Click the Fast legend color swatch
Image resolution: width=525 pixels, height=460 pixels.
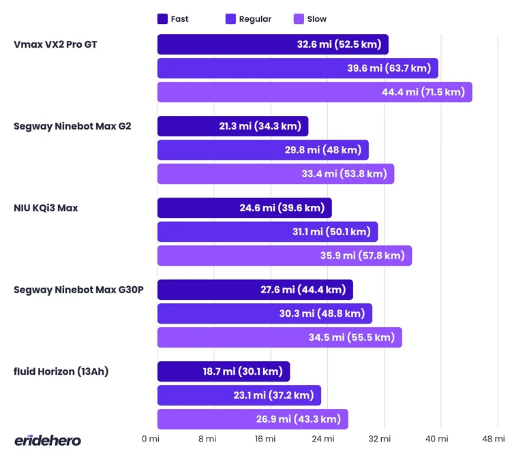point(162,19)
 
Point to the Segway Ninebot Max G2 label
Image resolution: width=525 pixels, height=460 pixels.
point(72,126)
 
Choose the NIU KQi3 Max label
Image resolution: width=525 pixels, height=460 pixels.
point(46,208)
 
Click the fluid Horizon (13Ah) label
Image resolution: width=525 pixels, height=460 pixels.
point(61,371)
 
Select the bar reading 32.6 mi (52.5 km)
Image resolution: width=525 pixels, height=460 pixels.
point(273,44)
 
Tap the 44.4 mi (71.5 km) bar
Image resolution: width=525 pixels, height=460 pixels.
point(314,92)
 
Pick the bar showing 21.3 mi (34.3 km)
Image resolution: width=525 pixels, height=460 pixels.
point(232,126)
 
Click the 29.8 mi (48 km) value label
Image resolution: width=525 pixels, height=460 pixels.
point(323,150)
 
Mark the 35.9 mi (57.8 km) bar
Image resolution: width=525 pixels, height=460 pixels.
point(284,256)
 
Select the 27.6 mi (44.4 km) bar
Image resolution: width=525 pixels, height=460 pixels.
point(255,290)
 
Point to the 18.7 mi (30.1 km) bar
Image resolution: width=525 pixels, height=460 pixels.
point(224,371)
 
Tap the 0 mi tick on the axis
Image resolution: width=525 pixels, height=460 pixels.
point(151,439)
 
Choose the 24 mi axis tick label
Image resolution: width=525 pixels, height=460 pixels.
point(322,439)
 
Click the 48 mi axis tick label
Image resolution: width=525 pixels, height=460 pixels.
point(494,439)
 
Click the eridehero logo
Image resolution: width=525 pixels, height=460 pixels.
point(48,440)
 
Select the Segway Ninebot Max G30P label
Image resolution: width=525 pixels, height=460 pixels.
point(78,290)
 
